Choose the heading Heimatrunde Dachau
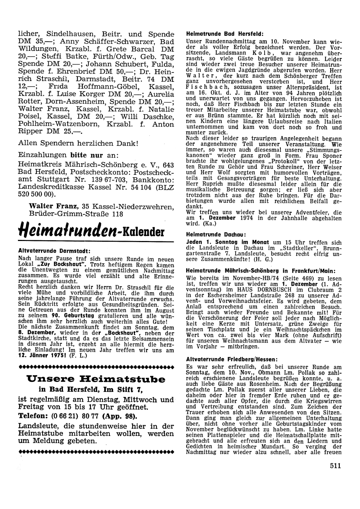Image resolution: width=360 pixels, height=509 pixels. pyautogui.click(x=210, y=234)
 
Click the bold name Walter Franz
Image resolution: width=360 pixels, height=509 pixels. pyautogui.click(x=54, y=206)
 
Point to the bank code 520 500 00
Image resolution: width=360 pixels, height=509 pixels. pyautogui.click(x=36, y=193)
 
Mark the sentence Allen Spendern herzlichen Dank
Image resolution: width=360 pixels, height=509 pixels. pyautogui.click(x=78, y=143)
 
